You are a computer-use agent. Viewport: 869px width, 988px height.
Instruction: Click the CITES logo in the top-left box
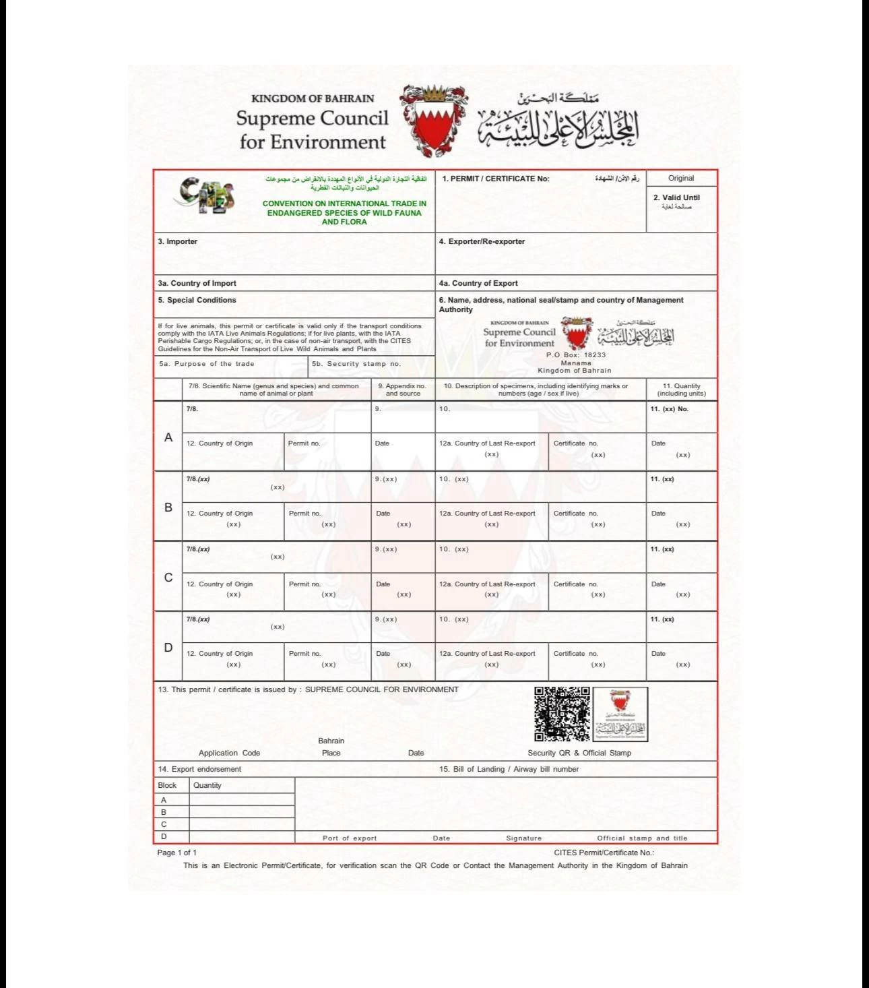tap(206, 195)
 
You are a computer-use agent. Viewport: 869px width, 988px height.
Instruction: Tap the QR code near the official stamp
tap(562, 714)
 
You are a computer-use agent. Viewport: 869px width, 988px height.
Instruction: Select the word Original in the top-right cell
tap(681, 179)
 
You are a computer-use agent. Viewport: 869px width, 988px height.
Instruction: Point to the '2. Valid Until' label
tap(676, 197)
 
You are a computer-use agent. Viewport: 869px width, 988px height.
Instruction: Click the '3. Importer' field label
tap(178, 241)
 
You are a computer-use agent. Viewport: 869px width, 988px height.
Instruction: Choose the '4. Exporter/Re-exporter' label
tap(482, 241)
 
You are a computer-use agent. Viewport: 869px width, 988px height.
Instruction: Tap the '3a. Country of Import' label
tap(197, 283)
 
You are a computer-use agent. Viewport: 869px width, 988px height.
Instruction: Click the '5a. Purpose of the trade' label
tap(207, 364)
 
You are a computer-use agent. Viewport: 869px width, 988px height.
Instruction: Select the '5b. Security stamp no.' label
tap(356, 364)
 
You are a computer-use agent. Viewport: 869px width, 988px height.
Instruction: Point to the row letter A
tap(168, 437)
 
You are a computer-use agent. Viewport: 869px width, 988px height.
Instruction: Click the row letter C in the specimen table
tap(168, 578)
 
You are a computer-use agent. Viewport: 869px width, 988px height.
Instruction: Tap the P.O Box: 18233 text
tap(576, 355)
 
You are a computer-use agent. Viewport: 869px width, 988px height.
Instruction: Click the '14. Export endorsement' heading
tap(199, 769)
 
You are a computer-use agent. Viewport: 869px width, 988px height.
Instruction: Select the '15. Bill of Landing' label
tap(509, 769)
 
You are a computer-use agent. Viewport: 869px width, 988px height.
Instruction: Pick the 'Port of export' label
tap(350, 838)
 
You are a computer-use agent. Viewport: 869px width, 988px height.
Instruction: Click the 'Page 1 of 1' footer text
tap(177, 853)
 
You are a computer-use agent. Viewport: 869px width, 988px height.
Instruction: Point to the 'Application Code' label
tap(229, 753)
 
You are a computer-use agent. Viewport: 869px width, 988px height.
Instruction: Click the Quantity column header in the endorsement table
tap(207, 785)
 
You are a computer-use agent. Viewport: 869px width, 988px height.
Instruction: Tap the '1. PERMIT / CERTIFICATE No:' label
tap(496, 179)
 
